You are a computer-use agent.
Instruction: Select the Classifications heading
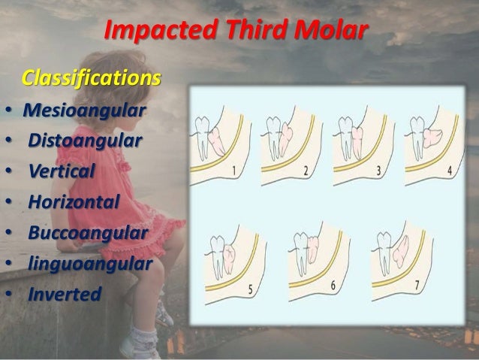[x=91, y=78]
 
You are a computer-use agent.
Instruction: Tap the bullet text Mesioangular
[x=84, y=111]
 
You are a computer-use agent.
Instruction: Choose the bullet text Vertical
[x=62, y=171]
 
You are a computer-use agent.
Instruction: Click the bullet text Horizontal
[x=74, y=201]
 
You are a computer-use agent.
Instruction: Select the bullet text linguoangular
[x=90, y=263]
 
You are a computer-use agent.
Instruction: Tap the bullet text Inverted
[x=64, y=293]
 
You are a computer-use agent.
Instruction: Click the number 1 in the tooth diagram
[x=235, y=171]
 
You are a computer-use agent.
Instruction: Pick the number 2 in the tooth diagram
[x=306, y=171]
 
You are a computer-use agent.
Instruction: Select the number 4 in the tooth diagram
[x=449, y=171]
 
